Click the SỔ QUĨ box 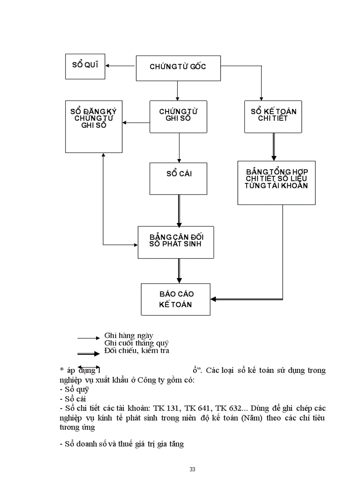tap(85, 66)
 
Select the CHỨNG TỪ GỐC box tap(178, 68)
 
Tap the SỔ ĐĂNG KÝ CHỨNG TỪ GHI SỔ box tap(94, 127)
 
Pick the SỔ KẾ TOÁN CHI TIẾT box tap(273, 116)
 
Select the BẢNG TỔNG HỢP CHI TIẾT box tap(276, 182)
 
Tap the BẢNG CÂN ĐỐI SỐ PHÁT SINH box tap(176, 242)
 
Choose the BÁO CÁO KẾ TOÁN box tap(176, 299)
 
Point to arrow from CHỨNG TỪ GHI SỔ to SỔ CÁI tap(179, 148)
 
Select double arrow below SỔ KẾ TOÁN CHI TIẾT tap(274, 147)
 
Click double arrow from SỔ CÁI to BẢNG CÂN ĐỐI tap(179, 210)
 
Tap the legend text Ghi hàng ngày tap(129, 335)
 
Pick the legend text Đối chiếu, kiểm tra tap(137, 351)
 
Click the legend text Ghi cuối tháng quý tap(136, 343)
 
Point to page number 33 tap(192, 469)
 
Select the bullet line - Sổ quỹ tap(74, 389)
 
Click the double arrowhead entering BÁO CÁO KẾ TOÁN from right tap(214, 299)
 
